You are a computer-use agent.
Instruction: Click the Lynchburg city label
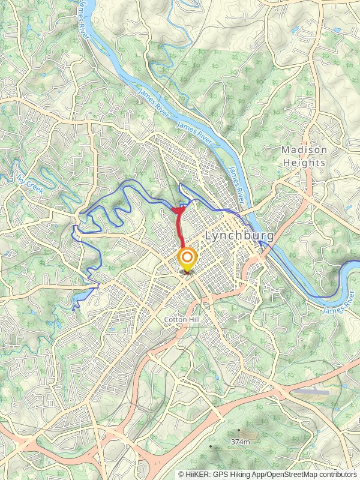239,236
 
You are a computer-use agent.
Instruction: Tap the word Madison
305,150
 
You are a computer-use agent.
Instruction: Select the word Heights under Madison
305,163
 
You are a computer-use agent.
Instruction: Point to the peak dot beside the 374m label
239,430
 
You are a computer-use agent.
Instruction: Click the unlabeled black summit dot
211,446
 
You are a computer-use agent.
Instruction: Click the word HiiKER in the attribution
196,474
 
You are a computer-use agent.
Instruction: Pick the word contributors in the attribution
335,474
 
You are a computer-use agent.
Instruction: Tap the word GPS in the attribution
218,474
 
